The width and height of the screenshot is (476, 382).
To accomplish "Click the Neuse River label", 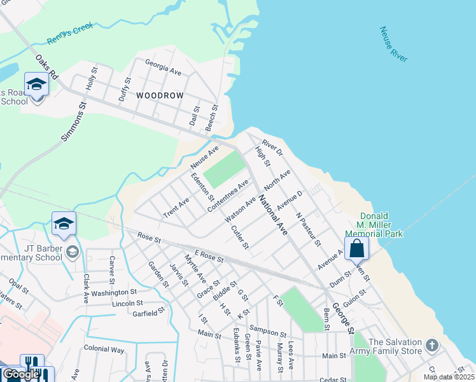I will pos(393,44).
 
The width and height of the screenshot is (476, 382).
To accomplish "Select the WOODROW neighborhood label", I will pos(160,95).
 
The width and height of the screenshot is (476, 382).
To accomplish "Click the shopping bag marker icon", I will pos(356,247).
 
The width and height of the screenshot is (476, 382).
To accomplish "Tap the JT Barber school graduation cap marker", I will pos(64,224).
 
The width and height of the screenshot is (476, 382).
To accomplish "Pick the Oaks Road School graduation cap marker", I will pos(36,84).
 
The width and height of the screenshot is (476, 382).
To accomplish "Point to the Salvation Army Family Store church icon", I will pos(432,346).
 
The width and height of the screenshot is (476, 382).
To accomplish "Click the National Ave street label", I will pos(273,215).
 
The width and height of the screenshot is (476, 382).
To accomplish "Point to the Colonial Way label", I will pos(104,350).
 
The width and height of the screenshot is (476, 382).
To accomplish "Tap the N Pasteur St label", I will pos(307,228).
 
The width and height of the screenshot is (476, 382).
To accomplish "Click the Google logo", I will pos(22,374).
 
